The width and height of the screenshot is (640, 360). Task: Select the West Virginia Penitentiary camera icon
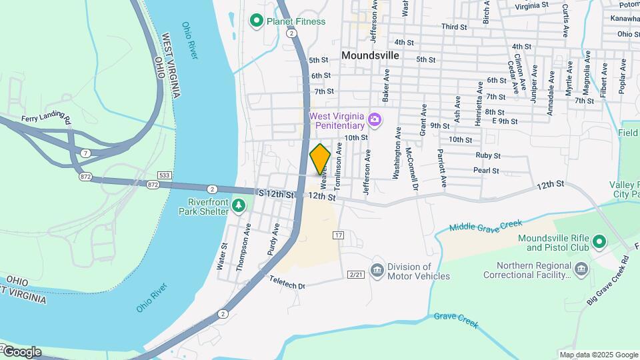click(375, 119)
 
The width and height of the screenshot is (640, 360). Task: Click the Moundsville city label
click(370, 55)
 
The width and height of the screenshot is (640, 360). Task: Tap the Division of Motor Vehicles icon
click(377, 269)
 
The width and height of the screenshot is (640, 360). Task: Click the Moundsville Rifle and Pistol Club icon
click(599, 241)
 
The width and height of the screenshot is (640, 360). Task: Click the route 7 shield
click(85, 154)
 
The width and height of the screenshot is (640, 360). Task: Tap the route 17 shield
click(339, 235)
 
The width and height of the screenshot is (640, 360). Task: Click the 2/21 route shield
click(356, 275)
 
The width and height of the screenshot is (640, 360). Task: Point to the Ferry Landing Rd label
click(46, 119)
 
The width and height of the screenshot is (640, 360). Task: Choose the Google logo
click(22, 351)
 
